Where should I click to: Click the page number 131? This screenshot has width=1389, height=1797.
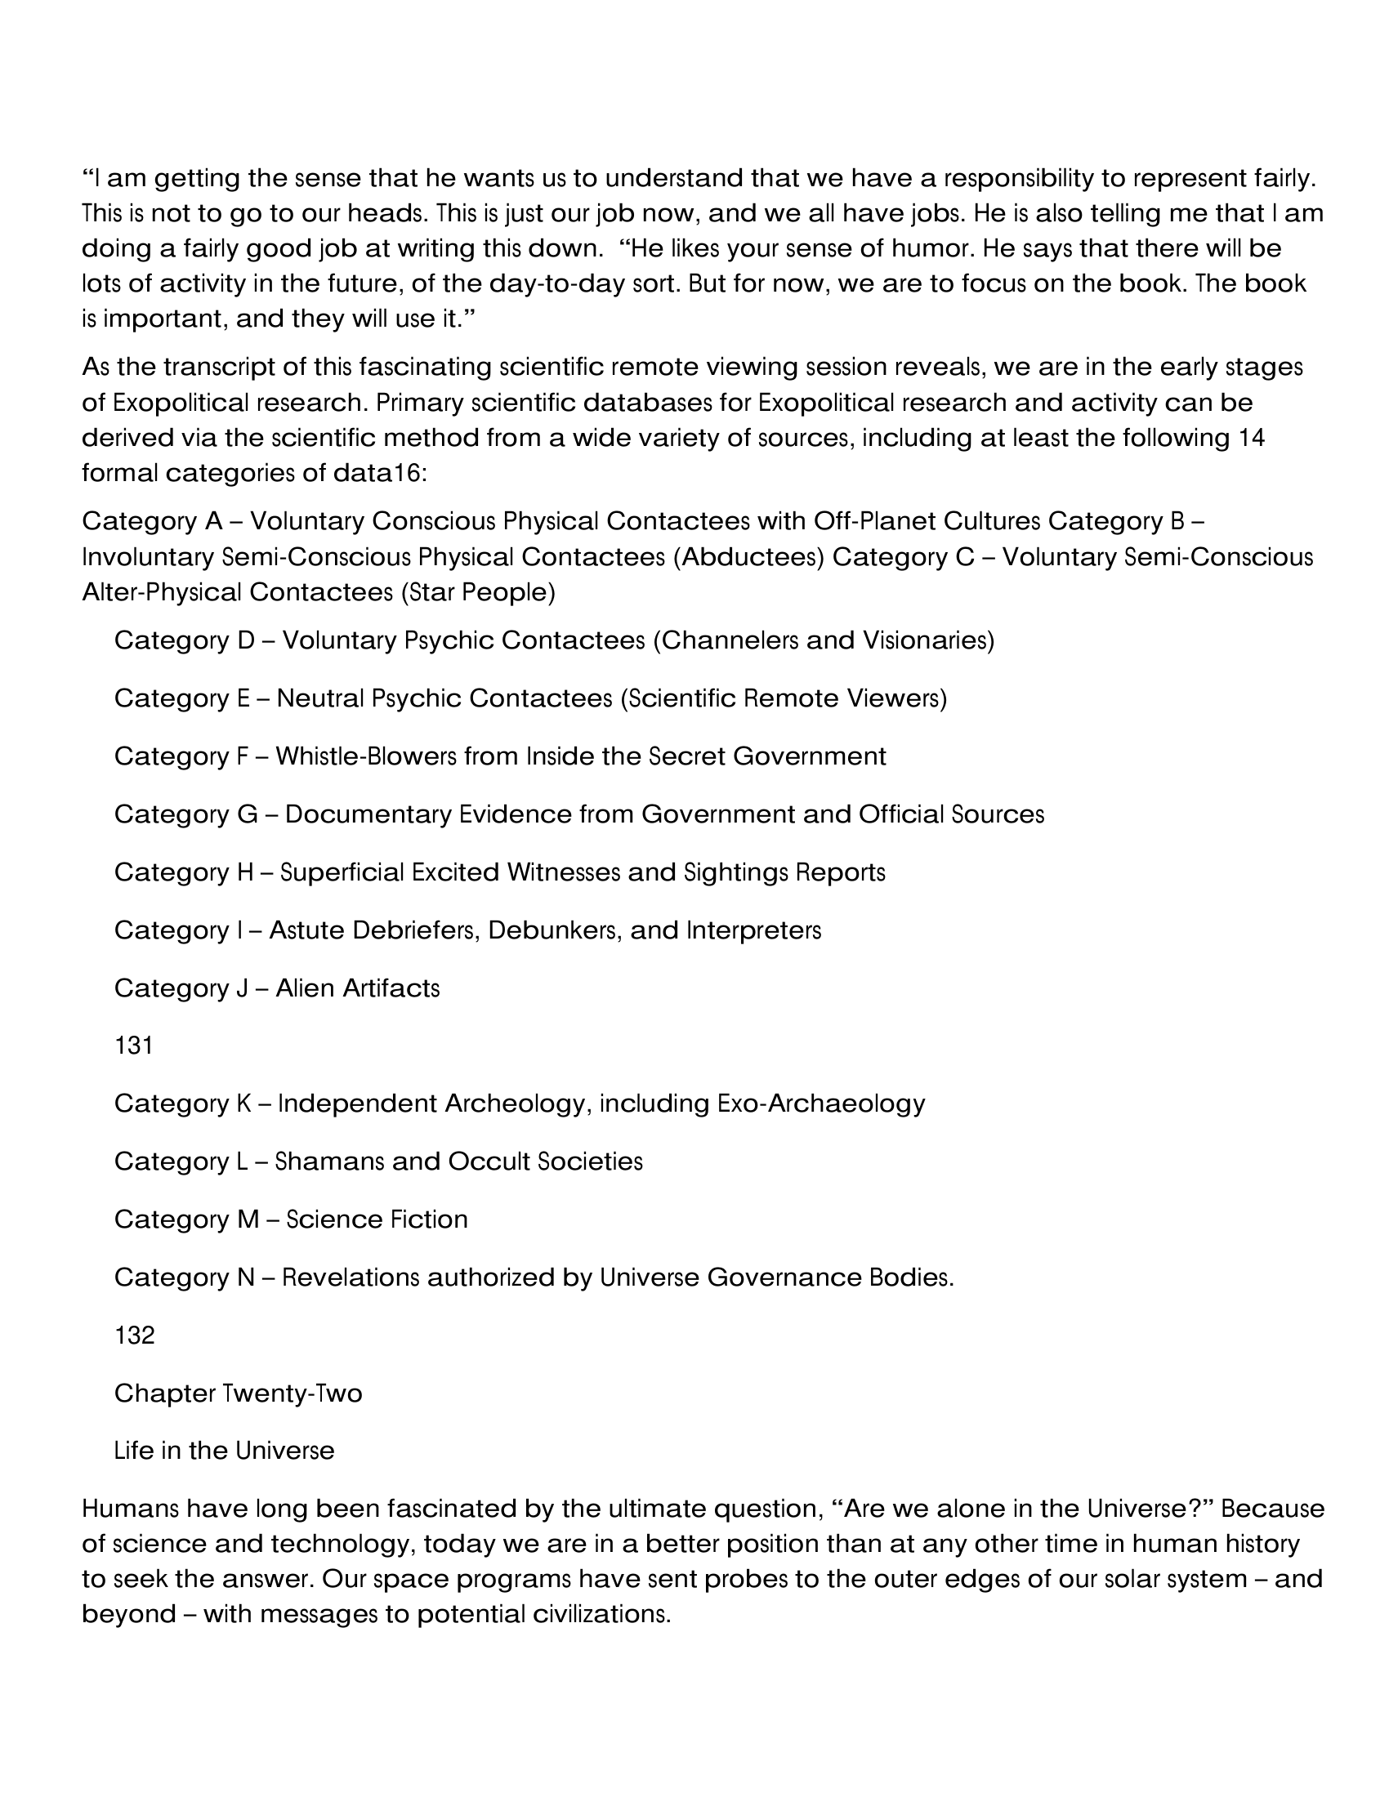click(x=133, y=1046)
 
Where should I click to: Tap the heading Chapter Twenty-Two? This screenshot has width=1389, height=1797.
click(x=238, y=1393)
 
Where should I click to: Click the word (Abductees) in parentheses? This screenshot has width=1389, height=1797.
click(x=748, y=557)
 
